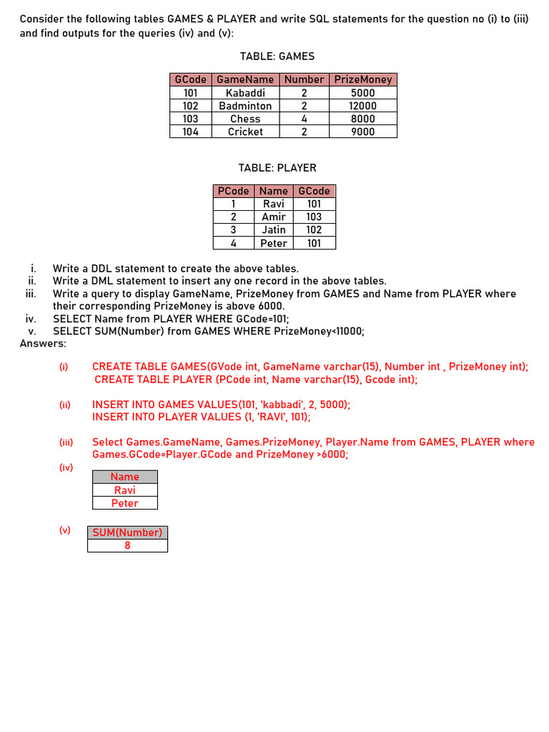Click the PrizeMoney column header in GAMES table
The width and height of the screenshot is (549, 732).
tap(363, 79)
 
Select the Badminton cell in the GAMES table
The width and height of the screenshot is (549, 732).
tap(245, 106)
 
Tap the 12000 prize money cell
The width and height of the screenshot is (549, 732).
tap(363, 106)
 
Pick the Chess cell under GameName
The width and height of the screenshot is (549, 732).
tap(245, 119)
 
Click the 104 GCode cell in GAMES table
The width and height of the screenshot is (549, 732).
tap(190, 132)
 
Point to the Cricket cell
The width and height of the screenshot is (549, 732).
tap(245, 132)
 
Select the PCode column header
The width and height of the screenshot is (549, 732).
tap(233, 191)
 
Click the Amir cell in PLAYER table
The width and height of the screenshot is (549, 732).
tap(273, 217)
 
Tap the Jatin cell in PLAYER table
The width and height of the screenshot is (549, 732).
tap(273, 229)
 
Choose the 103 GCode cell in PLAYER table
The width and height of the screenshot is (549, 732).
tap(314, 217)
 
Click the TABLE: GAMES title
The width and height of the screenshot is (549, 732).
tap(277, 56)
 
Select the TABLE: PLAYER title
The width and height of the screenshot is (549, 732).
tap(277, 168)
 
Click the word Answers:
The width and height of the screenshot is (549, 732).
tap(43, 344)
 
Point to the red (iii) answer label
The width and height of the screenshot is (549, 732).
tap(66, 442)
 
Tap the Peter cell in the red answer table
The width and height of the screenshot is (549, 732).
tap(125, 503)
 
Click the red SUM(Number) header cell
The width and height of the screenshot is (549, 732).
tap(127, 533)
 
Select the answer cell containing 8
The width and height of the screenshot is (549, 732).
tap(127, 545)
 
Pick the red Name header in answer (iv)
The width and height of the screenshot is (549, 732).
tap(125, 477)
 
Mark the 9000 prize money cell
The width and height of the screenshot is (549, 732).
tap(363, 132)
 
